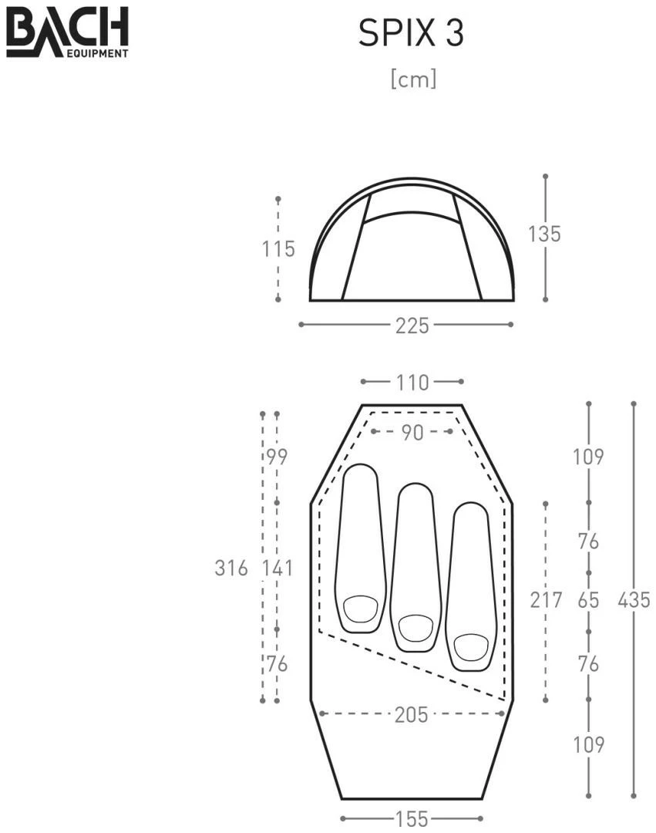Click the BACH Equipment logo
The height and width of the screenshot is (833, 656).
67,32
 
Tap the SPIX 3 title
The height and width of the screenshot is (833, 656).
412,33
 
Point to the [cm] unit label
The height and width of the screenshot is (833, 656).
413,79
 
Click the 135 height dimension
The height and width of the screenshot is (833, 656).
544,234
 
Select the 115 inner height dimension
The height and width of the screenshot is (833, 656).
278,248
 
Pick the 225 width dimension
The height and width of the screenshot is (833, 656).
412,325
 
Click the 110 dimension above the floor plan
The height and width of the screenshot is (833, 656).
412,383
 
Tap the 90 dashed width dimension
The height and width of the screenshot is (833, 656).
412,433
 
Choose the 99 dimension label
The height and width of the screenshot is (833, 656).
277,457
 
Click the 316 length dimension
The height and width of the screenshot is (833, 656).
231,568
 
